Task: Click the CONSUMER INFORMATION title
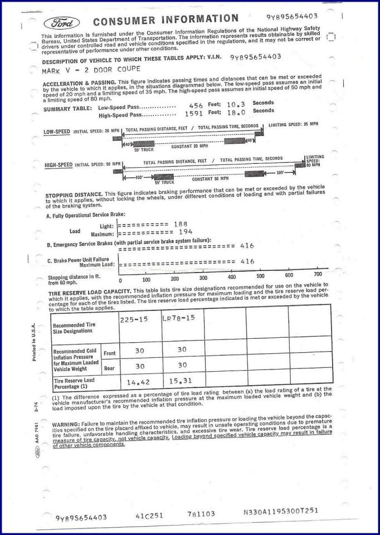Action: (165, 21)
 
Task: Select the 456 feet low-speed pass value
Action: (196, 105)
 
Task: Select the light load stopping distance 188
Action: (181, 224)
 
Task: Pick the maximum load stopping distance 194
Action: (186, 231)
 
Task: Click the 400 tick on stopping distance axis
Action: (232, 277)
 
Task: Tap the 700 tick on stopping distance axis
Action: (318, 274)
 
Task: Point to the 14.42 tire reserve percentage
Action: (139, 382)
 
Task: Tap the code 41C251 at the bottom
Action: (149, 515)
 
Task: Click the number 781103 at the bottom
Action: (201, 514)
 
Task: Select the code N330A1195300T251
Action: (281, 512)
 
